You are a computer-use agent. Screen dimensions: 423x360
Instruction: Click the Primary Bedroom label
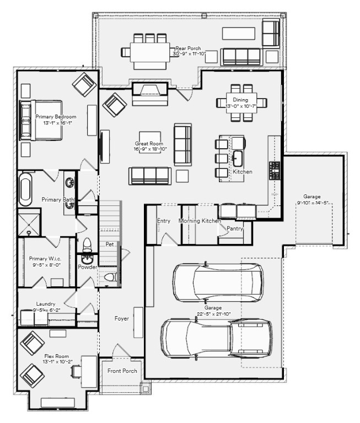pyautogui.click(x=56, y=117)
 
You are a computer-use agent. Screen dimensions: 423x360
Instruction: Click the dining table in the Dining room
pyautogui.click(x=240, y=102)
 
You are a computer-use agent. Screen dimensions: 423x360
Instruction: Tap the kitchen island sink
pyautogui.click(x=238, y=159)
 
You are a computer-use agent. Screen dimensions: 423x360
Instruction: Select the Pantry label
pyautogui.click(x=234, y=227)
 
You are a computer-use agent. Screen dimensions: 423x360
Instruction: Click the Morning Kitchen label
pyautogui.click(x=200, y=221)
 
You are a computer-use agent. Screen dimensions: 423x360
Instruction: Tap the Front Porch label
pyautogui.click(x=122, y=371)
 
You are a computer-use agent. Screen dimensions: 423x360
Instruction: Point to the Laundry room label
pyautogui.click(x=46, y=303)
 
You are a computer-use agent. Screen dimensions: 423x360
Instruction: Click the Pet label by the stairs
pyautogui.click(x=110, y=244)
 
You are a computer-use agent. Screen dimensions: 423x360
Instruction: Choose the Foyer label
pyautogui.click(x=122, y=318)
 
